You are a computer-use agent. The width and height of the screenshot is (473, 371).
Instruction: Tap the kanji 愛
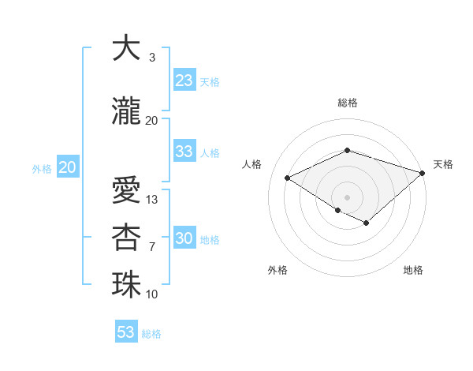[x=126, y=189]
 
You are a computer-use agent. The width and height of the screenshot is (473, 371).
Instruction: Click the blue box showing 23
[x=184, y=81]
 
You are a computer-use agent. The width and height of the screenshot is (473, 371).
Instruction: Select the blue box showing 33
[x=184, y=152]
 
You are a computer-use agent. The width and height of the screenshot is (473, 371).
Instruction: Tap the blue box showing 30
[x=184, y=239]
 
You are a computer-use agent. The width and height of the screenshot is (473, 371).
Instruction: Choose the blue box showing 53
[x=126, y=332]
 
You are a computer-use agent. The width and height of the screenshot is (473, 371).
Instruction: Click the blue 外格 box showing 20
[x=68, y=167]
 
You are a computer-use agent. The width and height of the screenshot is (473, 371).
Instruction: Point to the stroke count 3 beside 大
[x=152, y=58]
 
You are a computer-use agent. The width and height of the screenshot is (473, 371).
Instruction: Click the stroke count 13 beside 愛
[x=153, y=200]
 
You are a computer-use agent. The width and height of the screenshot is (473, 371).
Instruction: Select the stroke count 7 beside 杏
[x=152, y=247]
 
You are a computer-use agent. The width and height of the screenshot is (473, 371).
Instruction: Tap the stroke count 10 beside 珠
[x=153, y=294]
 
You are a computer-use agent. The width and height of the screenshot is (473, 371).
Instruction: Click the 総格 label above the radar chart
[x=347, y=103]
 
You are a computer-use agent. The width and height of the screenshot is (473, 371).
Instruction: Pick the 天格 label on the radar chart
[x=443, y=164]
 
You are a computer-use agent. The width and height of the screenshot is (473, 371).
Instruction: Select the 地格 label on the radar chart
[x=413, y=270]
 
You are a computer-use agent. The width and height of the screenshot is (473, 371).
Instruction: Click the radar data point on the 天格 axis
[x=423, y=173]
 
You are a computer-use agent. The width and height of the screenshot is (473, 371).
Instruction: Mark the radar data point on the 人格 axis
[x=288, y=178]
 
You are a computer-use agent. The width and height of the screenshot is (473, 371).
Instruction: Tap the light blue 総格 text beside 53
[x=151, y=334]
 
